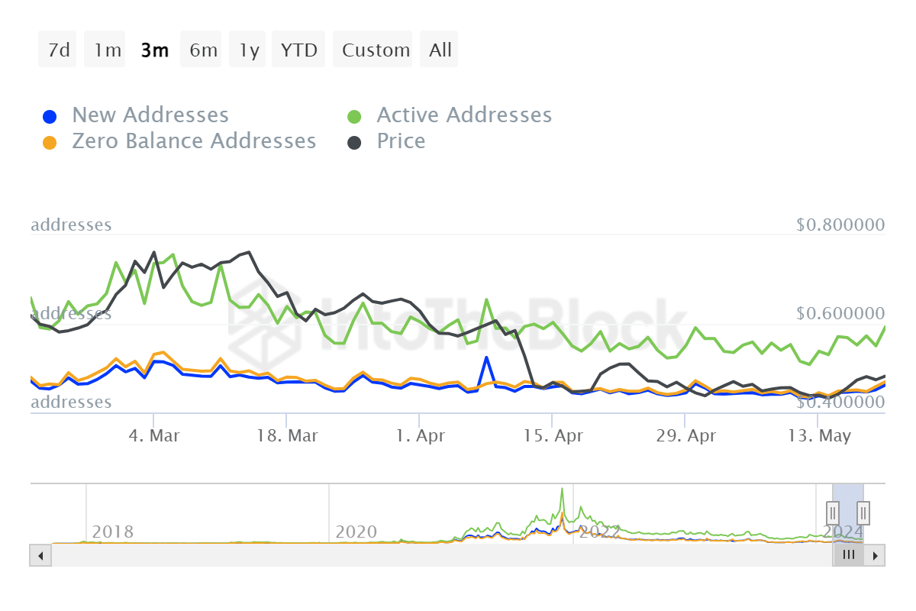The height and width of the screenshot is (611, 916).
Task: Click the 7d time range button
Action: click(58, 50)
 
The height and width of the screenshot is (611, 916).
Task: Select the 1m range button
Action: click(107, 50)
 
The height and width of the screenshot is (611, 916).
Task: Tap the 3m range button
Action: click(154, 50)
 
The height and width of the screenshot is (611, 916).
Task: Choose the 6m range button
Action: click(203, 50)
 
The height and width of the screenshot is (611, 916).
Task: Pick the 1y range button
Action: click(250, 50)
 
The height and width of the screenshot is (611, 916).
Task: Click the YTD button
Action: click(298, 50)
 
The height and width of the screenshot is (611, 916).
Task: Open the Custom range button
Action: click(376, 50)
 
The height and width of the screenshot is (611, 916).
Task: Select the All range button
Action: click(440, 50)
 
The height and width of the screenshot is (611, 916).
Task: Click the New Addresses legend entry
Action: click(150, 115)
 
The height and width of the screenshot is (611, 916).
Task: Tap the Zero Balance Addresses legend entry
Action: click(193, 141)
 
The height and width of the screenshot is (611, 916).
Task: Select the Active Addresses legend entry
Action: click(463, 115)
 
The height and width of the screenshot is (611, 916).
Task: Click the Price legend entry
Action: click(401, 141)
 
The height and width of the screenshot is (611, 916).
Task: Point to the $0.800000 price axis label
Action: click(840, 225)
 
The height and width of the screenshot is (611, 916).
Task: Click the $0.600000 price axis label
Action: click(840, 314)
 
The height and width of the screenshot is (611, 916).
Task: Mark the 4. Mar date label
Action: click(154, 436)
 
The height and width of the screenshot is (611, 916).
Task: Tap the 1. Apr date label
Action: click(419, 436)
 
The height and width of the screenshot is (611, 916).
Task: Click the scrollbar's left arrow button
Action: click(40, 555)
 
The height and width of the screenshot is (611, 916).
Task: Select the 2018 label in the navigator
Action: click(112, 532)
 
